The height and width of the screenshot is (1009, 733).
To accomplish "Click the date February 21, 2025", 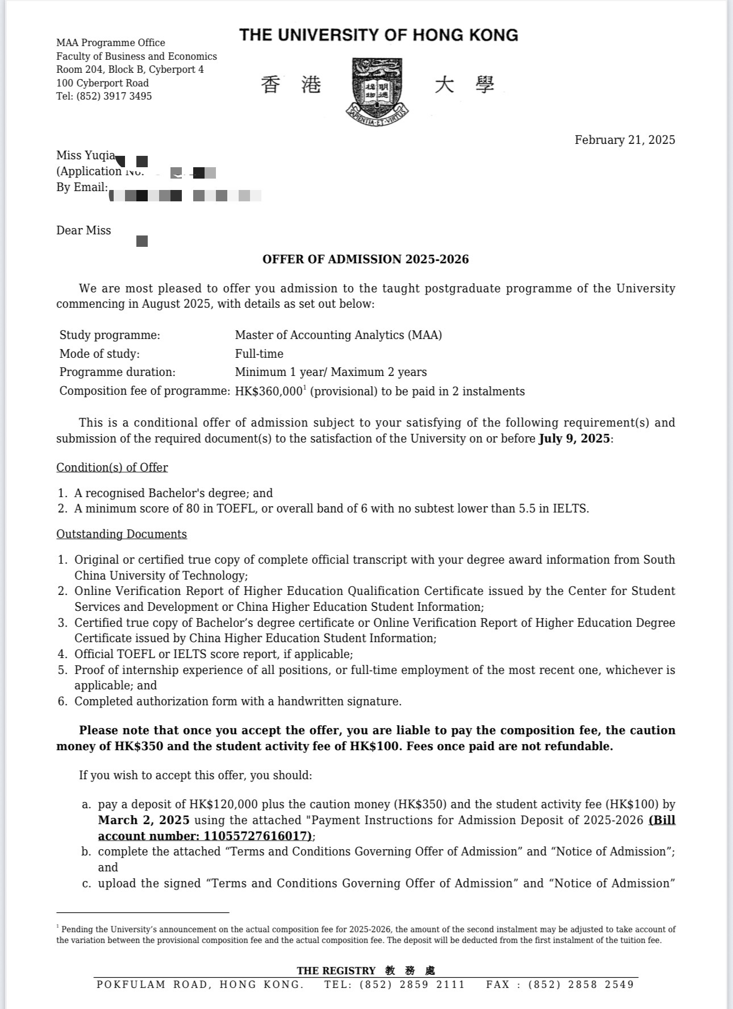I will pyautogui.click(x=624, y=140).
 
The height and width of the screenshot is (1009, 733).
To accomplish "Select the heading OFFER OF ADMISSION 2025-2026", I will pyautogui.click(x=365, y=259).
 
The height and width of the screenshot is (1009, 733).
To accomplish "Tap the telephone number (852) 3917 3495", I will pyautogui.click(x=114, y=96).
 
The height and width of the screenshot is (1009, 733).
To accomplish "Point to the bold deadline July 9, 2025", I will pyautogui.click(x=574, y=439).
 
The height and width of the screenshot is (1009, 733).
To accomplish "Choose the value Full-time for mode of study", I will pyautogui.click(x=259, y=354).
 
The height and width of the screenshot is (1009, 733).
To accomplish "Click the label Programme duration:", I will pyautogui.click(x=117, y=372).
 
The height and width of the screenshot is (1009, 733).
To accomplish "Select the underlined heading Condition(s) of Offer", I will pyautogui.click(x=112, y=468).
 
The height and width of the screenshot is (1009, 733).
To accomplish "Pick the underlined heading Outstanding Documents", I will pyautogui.click(x=121, y=534).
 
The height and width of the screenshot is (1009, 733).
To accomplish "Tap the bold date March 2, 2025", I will pyautogui.click(x=144, y=820).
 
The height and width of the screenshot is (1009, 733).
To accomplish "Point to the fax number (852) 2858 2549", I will pyautogui.click(x=581, y=985).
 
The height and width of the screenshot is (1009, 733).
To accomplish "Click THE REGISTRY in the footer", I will pyautogui.click(x=336, y=970).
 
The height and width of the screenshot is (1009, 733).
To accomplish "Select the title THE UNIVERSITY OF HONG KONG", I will pyautogui.click(x=378, y=35).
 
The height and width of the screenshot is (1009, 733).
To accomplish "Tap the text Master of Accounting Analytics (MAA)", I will pyautogui.click(x=338, y=335).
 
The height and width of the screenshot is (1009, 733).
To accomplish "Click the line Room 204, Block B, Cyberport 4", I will pyautogui.click(x=130, y=69).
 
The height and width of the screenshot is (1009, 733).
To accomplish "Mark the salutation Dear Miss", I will pyautogui.click(x=84, y=230).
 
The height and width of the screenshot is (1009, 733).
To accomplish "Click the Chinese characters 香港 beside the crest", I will pyautogui.click(x=291, y=85).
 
